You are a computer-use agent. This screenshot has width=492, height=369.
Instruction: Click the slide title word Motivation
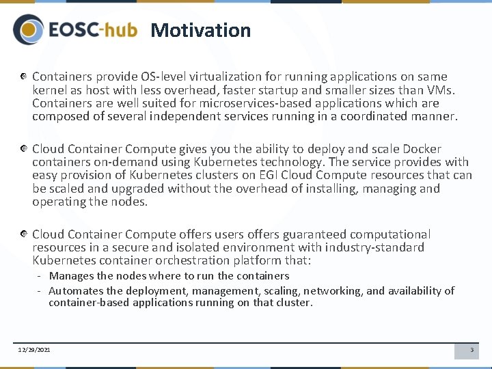coord(200,30)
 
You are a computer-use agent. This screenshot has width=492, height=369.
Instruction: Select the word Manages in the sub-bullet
coord(71,276)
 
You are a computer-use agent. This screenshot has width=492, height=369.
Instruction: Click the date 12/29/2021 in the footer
coord(33,351)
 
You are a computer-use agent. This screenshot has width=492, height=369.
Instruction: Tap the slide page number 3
coord(471,351)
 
